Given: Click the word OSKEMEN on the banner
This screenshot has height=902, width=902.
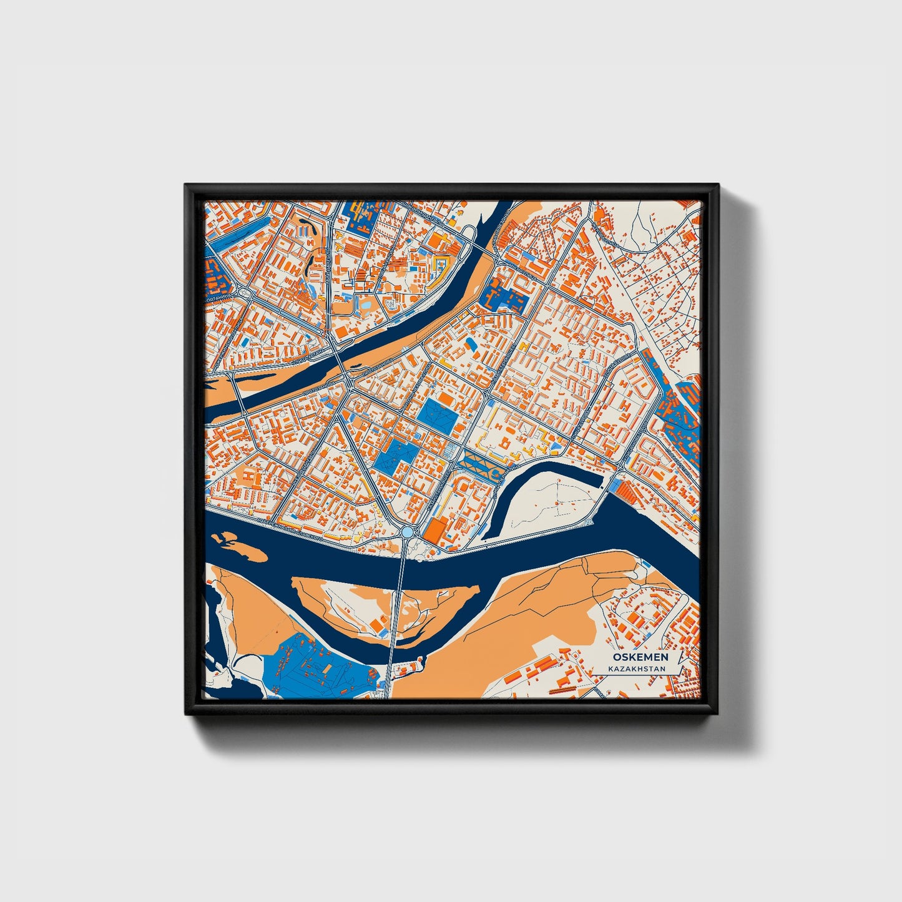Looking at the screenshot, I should coord(640,657).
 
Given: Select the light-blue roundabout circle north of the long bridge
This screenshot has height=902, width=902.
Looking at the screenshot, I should coord(408,532).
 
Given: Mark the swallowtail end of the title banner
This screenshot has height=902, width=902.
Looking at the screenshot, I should coord(677,663).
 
